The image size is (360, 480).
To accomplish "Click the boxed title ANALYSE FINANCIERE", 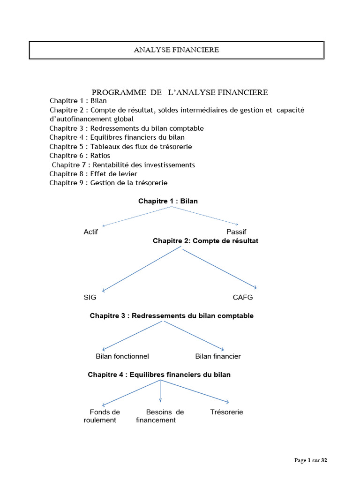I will tap(176, 50).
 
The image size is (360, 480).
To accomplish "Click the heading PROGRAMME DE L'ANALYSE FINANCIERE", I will tap(180, 92).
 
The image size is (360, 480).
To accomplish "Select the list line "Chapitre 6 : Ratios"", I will tap(80, 155).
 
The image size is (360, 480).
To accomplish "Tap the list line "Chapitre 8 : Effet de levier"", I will tap(93, 173).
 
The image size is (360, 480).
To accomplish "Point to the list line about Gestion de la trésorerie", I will tap(108, 182).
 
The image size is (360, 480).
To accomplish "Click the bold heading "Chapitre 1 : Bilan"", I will tap(168, 201).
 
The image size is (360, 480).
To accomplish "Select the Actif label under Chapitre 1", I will tap(90, 232).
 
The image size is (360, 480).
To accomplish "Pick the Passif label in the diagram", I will tap(236, 232).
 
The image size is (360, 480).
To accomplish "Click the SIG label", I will tap(90, 298).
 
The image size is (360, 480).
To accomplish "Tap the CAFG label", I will tap(242, 298).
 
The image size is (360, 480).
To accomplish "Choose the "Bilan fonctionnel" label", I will tap(122, 356).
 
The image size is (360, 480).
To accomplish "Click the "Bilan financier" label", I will tap(218, 356).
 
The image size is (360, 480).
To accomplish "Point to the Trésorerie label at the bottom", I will tap(227, 412).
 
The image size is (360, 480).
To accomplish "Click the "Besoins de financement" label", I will tap(159, 416).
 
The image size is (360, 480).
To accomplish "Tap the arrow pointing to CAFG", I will tap(219, 268).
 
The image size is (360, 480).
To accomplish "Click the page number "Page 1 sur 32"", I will tap(310, 460).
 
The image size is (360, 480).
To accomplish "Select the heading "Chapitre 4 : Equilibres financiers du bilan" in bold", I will tap(159, 375).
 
